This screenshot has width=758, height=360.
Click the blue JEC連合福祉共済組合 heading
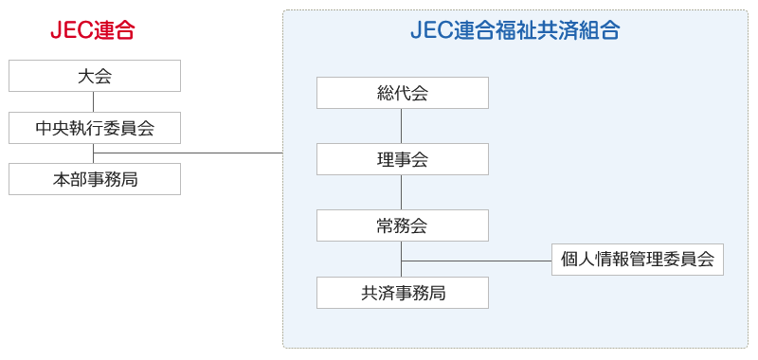pos(515,30)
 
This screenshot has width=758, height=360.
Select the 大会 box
pos(95,76)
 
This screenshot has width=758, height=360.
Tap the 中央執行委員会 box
pos(95,127)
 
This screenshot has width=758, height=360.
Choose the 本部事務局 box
pos(95,178)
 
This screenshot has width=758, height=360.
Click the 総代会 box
pos(403,93)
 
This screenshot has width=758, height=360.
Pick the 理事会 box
pos(403,159)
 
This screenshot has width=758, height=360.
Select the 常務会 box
pos(403,225)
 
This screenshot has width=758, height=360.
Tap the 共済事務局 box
pos(403,293)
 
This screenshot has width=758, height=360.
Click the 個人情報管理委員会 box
pos(638,260)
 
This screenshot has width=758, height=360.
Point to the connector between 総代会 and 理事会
pos(403,126)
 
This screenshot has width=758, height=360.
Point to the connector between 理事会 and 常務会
pos(403,192)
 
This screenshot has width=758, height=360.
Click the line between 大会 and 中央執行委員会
pos(95,101)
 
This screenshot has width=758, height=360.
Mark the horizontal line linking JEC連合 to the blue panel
pos(189,153)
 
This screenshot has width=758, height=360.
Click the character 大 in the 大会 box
pos(86,76)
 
